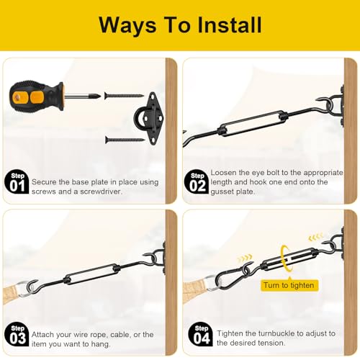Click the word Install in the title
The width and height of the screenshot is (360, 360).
230,24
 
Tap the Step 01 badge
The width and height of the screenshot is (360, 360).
17,182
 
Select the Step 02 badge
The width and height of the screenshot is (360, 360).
197,182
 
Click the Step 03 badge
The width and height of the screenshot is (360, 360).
17,334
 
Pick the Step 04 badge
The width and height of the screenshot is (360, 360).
201,334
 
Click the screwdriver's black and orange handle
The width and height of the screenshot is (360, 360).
37,96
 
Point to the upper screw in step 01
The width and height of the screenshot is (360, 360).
124,96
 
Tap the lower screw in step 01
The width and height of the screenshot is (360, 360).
125,140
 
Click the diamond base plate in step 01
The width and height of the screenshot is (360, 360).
149,119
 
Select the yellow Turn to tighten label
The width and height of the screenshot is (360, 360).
289,285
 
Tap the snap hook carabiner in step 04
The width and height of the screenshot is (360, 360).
231,276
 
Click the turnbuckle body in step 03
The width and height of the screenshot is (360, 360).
91,274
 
